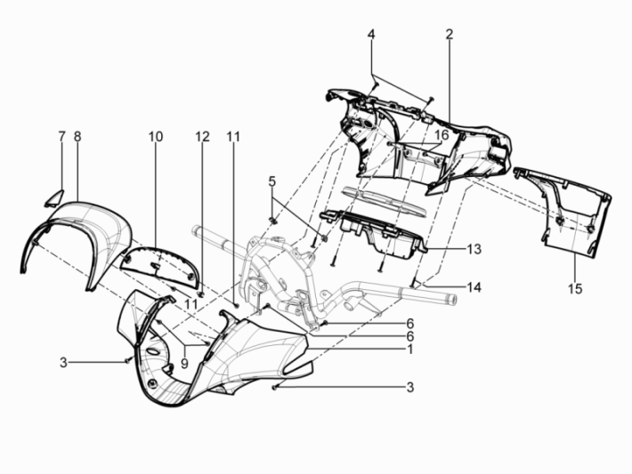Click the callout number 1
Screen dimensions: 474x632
point(410,349)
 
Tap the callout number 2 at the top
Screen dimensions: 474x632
point(450,35)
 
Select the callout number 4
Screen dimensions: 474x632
point(371,35)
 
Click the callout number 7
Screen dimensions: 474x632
point(61,137)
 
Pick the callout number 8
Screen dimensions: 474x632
point(77,137)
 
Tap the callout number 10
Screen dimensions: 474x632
point(156,137)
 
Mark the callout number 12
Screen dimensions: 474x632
point(202,137)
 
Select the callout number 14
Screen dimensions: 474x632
point(474,287)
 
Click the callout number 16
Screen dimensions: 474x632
point(442,135)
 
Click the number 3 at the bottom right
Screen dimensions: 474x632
point(410,388)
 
